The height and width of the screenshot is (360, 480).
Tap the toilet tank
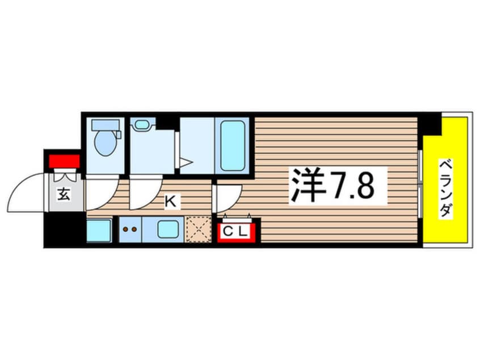(x=106, y=125)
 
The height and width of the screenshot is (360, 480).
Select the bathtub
(x=233, y=145)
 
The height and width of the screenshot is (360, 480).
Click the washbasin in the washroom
(x=142, y=124)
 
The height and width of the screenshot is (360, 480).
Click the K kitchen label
(x=171, y=202)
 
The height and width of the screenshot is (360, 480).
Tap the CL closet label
(x=235, y=231)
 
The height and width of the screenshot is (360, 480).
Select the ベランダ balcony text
(x=446, y=188)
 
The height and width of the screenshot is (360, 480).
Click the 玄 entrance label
(x=64, y=194)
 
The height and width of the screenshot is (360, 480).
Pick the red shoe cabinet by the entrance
(x=64, y=161)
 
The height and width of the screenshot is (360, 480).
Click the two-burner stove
(x=130, y=229)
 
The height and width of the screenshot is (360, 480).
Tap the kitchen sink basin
(x=168, y=229)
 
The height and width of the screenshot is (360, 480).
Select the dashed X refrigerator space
(x=199, y=229)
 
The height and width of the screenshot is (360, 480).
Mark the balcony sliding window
(x=420, y=184)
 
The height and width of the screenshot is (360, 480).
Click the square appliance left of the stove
(x=99, y=230)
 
